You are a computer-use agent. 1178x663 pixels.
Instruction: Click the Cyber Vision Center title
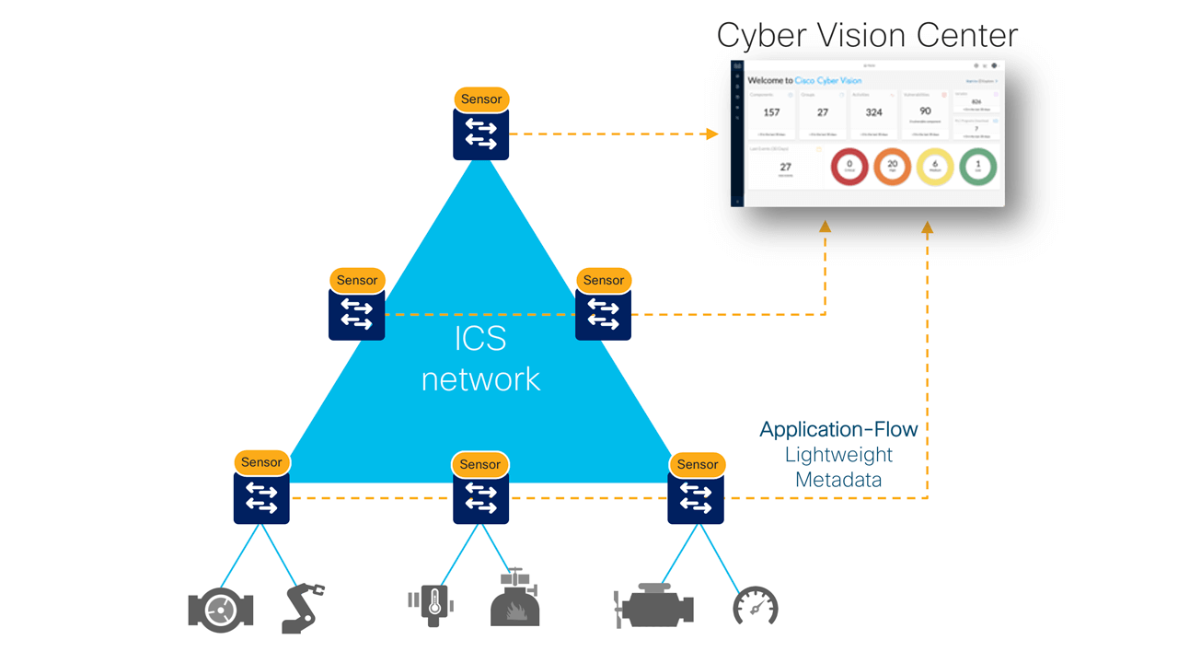tap(867, 35)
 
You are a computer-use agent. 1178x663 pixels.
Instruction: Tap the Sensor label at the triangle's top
tap(481, 99)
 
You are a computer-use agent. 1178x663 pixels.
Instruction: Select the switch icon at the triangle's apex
tap(481, 134)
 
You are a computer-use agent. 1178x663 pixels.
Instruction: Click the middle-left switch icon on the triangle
tap(356, 314)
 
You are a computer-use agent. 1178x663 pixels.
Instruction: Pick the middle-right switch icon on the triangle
tap(603, 314)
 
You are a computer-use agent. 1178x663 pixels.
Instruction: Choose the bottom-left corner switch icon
tap(261, 498)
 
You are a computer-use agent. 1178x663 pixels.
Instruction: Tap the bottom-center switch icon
tap(480, 498)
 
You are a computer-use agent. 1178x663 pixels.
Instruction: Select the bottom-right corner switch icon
tap(697, 498)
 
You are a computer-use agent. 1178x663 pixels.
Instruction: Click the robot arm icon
tap(302, 608)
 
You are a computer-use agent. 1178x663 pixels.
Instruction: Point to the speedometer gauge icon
tap(755, 607)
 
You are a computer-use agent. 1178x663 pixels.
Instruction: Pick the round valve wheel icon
tap(220, 609)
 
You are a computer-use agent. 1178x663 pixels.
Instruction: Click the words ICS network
tap(480, 359)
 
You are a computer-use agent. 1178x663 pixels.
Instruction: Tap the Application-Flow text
tap(838, 429)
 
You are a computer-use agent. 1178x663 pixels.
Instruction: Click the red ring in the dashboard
tap(849, 167)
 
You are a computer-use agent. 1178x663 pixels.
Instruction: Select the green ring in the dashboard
tap(977, 167)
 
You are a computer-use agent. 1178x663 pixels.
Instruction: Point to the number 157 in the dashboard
tap(771, 112)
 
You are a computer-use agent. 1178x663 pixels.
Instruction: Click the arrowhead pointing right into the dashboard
tap(711, 134)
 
